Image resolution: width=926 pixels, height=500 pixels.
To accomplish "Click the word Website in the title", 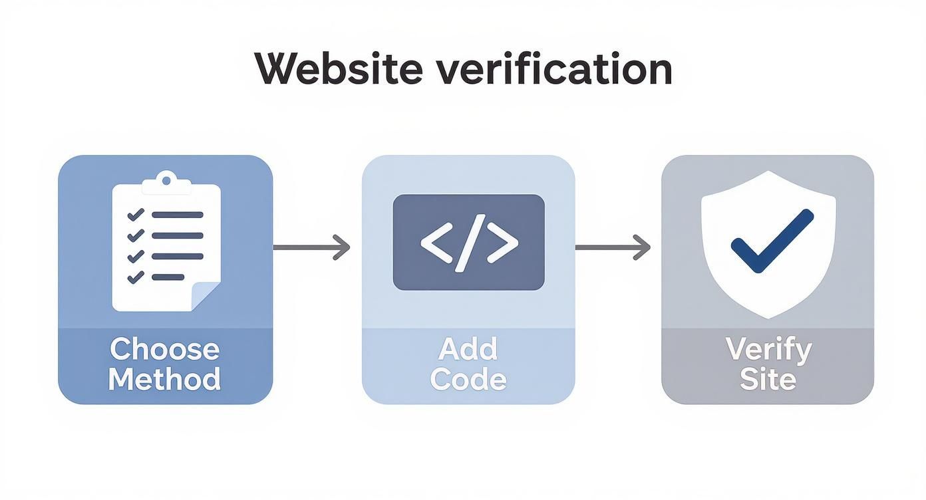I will [x=338, y=68].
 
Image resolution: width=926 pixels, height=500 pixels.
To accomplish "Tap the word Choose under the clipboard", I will [x=164, y=349].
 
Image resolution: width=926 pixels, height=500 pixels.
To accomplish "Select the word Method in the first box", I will [x=164, y=379].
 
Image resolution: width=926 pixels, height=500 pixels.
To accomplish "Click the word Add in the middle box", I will [x=468, y=349].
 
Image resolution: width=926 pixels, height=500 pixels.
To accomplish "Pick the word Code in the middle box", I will [x=468, y=379].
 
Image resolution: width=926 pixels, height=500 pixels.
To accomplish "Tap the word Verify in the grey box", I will [x=768, y=349].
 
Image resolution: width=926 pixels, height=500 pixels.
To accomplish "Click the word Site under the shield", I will [x=768, y=379].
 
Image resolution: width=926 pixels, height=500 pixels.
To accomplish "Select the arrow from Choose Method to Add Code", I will [x=311, y=247].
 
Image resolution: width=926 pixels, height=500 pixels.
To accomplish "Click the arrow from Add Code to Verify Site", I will [x=613, y=247].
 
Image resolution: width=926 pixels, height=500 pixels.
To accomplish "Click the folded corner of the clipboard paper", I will [x=205, y=295].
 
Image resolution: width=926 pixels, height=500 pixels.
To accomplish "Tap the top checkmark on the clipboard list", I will [x=136, y=215].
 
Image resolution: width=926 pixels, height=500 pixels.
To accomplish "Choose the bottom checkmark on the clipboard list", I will [x=136, y=277].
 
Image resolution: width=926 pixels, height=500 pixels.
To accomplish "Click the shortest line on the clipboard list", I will [x=168, y=277].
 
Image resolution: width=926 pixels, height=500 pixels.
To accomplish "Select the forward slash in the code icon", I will [x=469, y=243].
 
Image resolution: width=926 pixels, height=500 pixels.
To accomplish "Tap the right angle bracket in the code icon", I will [x=504, y=243].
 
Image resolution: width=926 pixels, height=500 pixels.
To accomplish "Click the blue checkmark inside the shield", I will [x=772, y=241].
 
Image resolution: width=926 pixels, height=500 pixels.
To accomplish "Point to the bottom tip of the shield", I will [x=768, y=316].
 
